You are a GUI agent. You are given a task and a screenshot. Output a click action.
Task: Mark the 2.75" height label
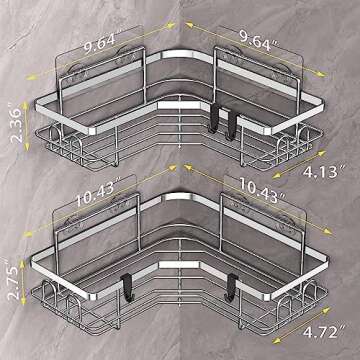coord(12,283)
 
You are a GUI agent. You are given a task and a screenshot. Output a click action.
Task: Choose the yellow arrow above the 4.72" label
coord(322,300)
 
